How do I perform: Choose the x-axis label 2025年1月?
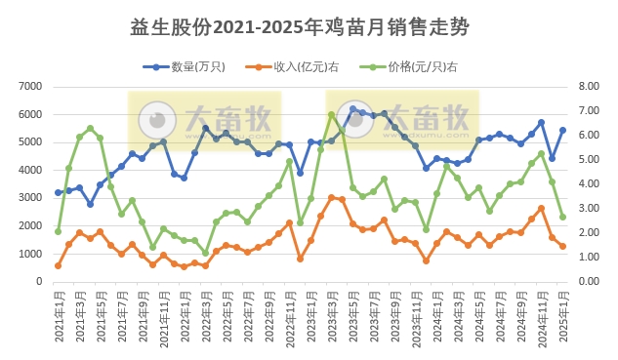point(563,315)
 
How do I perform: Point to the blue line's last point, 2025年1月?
point(563,130)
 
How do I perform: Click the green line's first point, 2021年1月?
point(59,231)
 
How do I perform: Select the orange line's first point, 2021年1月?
point(59,265)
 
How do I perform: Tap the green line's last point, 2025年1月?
point(563,217)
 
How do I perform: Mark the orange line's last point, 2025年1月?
point(563,247)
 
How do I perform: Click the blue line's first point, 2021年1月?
point(59,193)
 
